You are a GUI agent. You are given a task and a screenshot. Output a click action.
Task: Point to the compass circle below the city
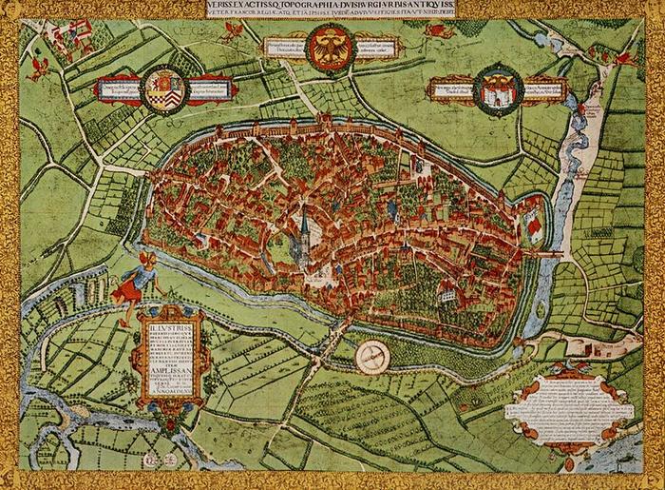click(x=372, y=357)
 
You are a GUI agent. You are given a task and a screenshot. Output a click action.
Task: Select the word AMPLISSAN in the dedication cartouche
click(x=169, y=375)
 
